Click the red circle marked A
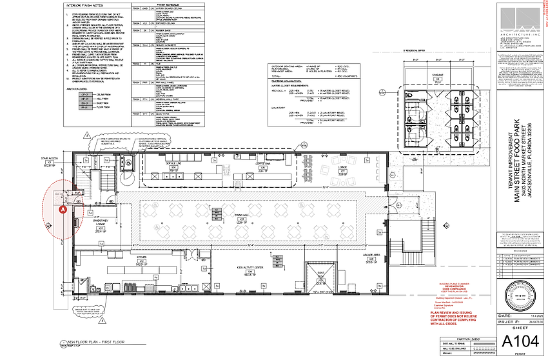63,209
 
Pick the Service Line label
171,164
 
